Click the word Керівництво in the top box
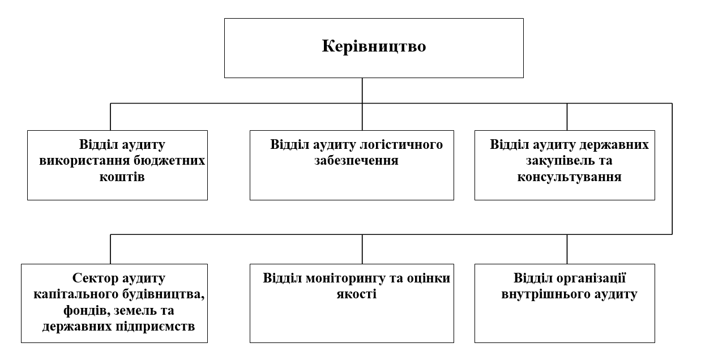coord(374,46)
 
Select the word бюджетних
coord(169,161)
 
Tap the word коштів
coord(122,177)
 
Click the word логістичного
coord(401,145)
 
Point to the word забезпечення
coord(357,160)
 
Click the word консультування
coord(569,177)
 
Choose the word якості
coord(357,294)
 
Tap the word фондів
coord(87,310)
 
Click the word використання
coord(84,161)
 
